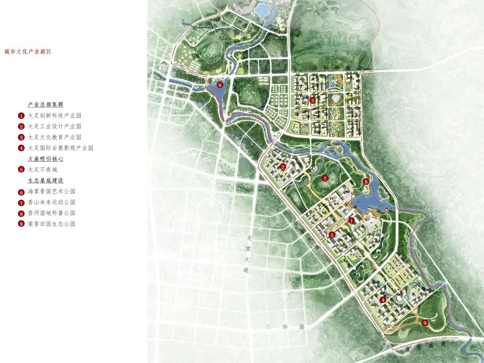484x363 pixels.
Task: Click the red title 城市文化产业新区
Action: [28, 52]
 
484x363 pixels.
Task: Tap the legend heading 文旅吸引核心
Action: [45, 159]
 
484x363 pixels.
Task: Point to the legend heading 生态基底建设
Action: [45, 181]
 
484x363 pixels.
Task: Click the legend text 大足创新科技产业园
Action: [54, 116]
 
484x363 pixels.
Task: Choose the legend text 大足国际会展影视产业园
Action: [60, 148]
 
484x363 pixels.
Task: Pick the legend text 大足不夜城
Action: [43, 170]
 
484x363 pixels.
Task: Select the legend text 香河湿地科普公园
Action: [52, 213]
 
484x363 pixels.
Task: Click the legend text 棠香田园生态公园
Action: [52, 224]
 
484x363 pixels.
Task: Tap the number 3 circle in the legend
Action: [21, 137]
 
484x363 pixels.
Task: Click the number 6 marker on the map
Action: [220, 84]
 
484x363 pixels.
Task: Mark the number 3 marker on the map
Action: [312, 100]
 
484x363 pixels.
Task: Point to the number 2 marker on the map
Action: [283, 167]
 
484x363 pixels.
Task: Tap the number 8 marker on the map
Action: [366, 181]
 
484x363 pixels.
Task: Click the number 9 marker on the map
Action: [425, 322]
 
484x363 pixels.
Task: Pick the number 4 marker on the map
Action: [383, 300]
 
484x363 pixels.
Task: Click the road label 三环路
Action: [285, 327]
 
